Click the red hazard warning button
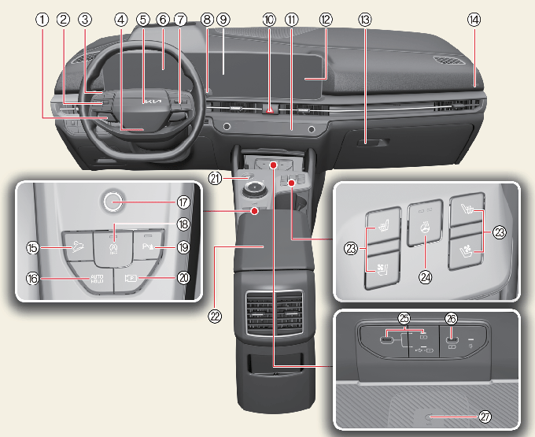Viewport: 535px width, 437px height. (x=270, y=110)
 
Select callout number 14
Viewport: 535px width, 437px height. (x=474, y=20)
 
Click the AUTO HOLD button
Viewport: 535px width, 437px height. (x=97, y=278)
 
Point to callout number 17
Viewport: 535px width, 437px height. (x=183, y=202)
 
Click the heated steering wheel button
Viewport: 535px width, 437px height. (x=425, y=223)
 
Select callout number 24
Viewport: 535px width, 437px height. (x=425, y=277)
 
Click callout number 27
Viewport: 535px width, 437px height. (x=485, y=417)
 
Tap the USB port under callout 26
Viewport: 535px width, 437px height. (x=452, y=340)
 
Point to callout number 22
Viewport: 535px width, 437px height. (x=215, y=317)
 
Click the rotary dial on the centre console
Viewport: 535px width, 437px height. (x=255, y=188)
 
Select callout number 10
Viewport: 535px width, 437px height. (x=269, y=20)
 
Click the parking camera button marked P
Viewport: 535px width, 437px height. (x=131, y=279)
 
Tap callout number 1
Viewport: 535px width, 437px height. (x=42, y=20)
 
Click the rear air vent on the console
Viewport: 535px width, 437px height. (x=275, y=313)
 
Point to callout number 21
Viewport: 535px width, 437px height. (x=216, y=178)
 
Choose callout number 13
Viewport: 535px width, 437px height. (x=365, y=20)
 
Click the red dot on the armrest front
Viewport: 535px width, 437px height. (x=254, y=211)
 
